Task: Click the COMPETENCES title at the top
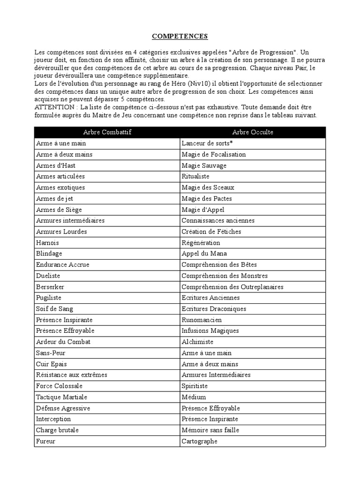click(180, 36)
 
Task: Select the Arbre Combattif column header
click(107, 132)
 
